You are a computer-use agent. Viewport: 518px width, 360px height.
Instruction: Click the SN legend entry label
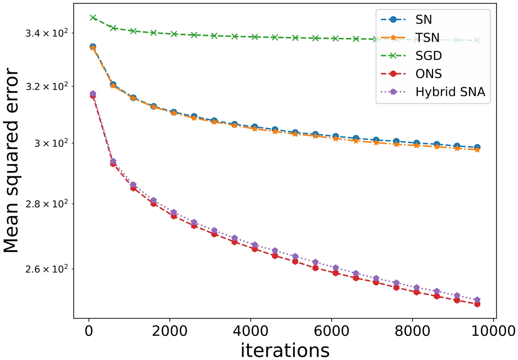click(x=423, y=20)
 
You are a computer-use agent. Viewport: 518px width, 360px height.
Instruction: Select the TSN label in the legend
click(x=427, y=38)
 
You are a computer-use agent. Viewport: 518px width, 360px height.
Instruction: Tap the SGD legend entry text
click(x=429, y=56)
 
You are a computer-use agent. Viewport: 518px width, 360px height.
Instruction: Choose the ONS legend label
click(x=429, y=74)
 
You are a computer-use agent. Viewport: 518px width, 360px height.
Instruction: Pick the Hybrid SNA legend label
click(x=450, y=92)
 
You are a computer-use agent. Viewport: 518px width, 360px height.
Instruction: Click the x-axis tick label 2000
click(x=170, y=331)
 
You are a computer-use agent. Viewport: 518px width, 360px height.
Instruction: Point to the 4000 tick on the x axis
click(x=251, y=331)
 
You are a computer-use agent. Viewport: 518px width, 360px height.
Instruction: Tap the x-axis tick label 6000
click(x=332, y=331)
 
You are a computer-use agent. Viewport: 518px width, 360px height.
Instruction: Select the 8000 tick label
click(x=412, y=331)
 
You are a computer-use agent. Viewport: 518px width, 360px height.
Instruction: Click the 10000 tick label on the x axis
click(x=493, y=331)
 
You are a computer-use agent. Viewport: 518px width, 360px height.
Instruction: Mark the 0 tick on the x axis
click(x=89, y=331)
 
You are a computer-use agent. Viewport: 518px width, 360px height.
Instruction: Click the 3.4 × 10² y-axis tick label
click(x=47, y=33)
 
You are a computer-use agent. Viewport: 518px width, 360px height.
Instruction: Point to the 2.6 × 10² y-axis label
click(x=47, y=269)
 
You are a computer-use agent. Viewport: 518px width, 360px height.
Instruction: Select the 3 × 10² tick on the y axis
click(x=51, y=143)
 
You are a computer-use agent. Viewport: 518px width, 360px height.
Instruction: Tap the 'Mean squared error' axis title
click(x=11, y=160)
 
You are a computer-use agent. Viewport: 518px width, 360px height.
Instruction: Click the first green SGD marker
click(x=93, y=17)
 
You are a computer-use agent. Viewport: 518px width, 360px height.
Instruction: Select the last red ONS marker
click(x=477, y=304)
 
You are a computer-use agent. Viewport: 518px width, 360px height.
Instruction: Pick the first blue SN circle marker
click(x=93, y=47)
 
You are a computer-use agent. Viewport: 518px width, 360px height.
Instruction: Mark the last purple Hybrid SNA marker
click(x=477, y=300)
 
